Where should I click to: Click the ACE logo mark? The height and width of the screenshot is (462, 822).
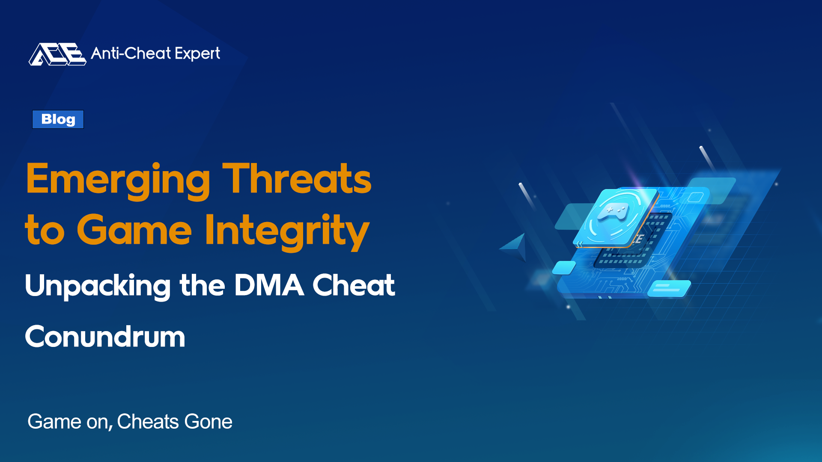[x=57, y=54]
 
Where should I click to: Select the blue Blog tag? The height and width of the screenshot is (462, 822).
[x=58, y=119]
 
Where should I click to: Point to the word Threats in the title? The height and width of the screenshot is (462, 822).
[x=297, y=178]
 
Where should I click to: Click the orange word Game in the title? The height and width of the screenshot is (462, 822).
[x=134, y=230]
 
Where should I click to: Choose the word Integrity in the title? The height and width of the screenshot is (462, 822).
[x=287, y=231]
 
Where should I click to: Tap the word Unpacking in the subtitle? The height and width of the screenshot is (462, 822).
[x=98, y=286]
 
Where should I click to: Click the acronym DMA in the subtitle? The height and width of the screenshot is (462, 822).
[x=269, y=285]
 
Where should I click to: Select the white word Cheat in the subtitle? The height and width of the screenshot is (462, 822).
[x=354, y=285]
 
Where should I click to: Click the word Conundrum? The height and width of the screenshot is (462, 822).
[x=105, y=337]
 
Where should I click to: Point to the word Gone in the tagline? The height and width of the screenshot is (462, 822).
[x=208, y=422]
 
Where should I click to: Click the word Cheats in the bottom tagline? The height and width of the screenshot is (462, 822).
[x=148, y=422]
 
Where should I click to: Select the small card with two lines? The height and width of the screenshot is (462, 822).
[x=669, y=288]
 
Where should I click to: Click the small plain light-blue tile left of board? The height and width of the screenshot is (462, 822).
[x=564, y=268]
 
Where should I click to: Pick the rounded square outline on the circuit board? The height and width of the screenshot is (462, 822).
[x=696, y=197]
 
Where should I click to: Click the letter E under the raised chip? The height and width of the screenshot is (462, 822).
[x=639, y=239]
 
